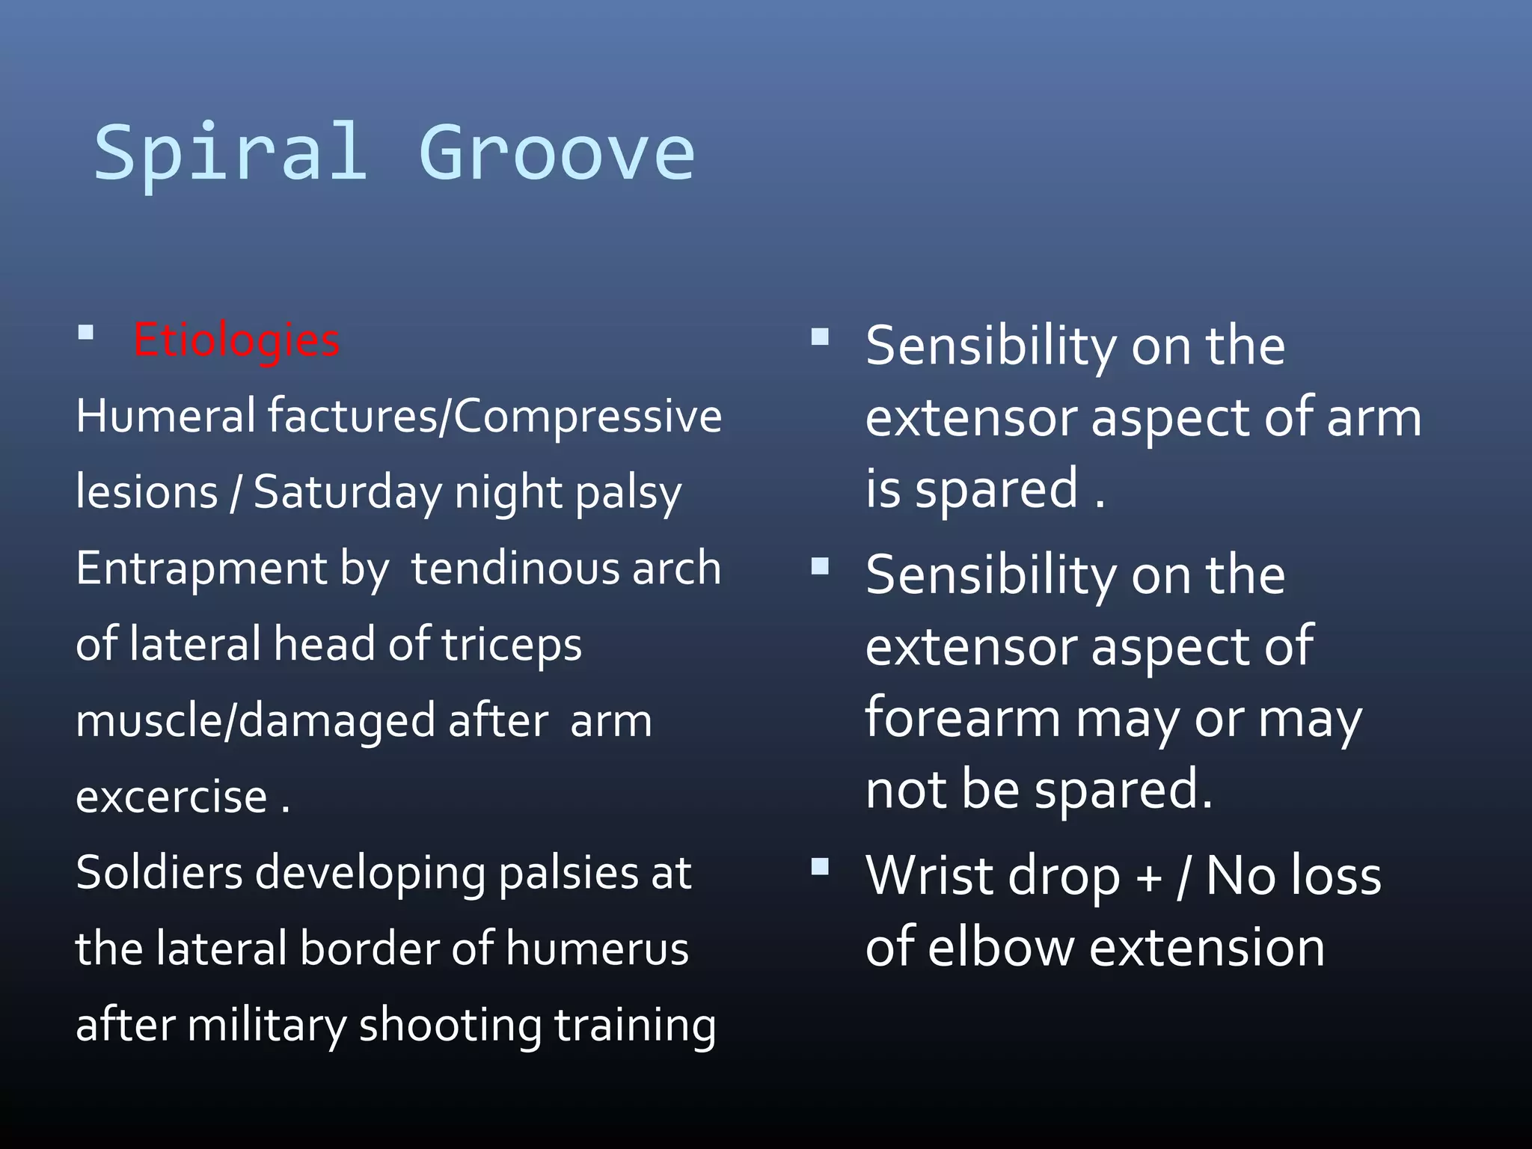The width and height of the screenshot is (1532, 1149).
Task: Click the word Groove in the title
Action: pyautogui.click(x=557, y=153)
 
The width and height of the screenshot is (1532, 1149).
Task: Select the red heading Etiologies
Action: pyautogui.click(x=236, y=340)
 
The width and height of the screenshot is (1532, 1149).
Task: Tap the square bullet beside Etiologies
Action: pyautogui.click(x=86, y=332)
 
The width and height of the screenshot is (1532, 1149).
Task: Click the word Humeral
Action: pyautogui.click(x=166, y=416)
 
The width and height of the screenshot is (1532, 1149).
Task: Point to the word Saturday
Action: pyautogui.click(x=348, y=492)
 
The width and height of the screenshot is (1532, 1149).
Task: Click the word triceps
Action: pyautogui.click(x=512, y=646)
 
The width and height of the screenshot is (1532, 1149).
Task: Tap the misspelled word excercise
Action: pyautogui.click(x=172, y=797)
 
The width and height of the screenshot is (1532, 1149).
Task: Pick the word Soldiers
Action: pyautogui.click(x=159, y=873)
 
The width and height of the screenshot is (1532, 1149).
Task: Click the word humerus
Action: pyautogui.click(x=597, y=949)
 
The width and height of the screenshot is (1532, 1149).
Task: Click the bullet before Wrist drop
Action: pyautogui.click(x=821, y=867)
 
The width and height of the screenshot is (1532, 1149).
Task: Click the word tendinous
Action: pyautogui.click(x=515, y=569)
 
